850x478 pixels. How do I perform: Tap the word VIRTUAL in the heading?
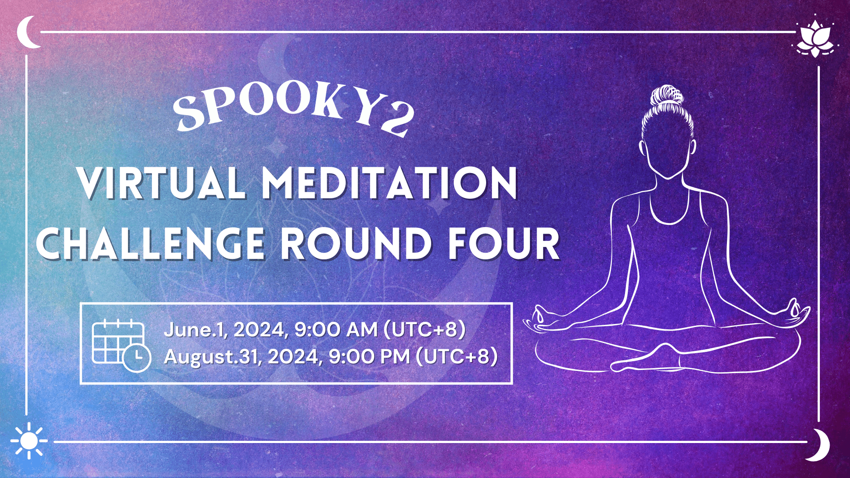pyautogui.click(x=162, y=183)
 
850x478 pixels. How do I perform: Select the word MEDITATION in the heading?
pyautogui.click(x=390, y=183)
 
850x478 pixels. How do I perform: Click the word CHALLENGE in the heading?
pyautogui.click(x=151, y=244)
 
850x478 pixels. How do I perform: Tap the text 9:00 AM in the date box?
pyautogui.click(x=336, y=330)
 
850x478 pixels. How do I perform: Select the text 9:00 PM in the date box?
pyautogui.click(x=369, y=357)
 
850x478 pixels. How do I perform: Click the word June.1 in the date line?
pyautogui.click(x=196, y=330)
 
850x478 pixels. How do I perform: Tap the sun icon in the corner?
pyautogui.click(x=29, y=440)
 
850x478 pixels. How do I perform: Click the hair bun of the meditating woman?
pyautogui.click(x=667, y=97)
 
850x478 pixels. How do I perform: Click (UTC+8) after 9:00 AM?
pyautogui.click(x=425, y=330)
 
